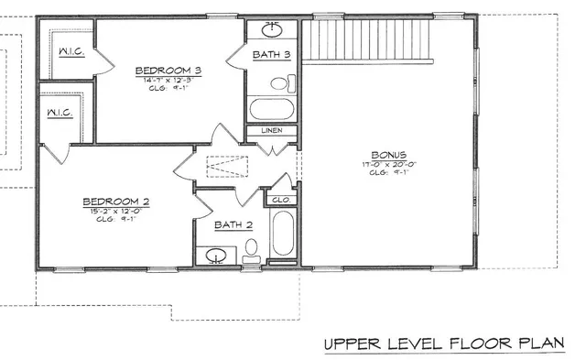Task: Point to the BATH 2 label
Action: pyautogui.click(x=233, y=224)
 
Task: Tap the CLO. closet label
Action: pyautogui.click(x=280, y=198)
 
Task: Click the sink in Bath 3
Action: pyautogui.click(x=273, y=29)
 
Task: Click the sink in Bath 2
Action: pyautogui.click(x=217, y=256)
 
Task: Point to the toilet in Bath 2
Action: pyautogui.click(x=253, y=247)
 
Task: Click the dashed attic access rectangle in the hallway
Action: pyautogui.click(x=226, y=167)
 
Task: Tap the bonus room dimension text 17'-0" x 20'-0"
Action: pyautogui.click(x=389, y=167)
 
